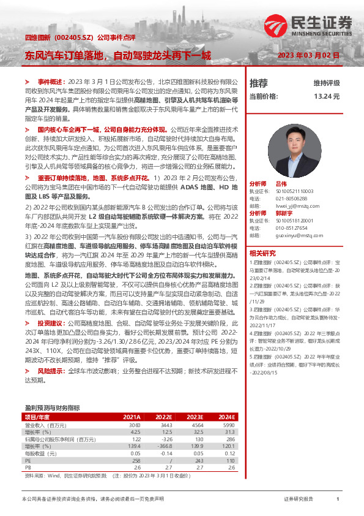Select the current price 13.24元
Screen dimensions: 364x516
(x=326, y=96)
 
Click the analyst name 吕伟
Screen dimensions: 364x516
(x=281, y=183)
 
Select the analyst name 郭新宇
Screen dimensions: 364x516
(x=285, y=212)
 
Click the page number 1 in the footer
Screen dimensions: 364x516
(x=337, y=499)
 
